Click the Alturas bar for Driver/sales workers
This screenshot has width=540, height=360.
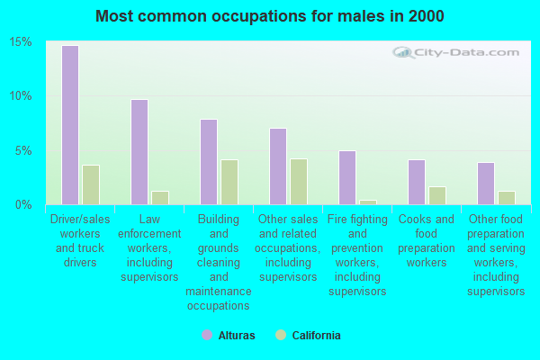(69, 125)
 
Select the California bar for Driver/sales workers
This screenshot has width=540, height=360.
(91, 184)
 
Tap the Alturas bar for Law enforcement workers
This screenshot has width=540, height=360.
(139, 152)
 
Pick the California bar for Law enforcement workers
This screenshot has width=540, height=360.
(160, 197)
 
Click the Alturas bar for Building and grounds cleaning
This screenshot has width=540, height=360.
(208, 162)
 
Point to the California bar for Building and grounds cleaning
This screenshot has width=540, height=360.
(229, 182)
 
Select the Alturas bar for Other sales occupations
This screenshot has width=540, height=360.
(277, 166)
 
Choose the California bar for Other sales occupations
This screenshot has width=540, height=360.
(299, 182)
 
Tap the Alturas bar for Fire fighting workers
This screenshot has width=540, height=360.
(346, 177)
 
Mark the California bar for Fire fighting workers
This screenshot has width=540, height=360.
(368, 202)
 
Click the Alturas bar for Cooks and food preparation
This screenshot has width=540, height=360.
(416, 182)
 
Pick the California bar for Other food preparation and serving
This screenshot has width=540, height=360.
(507, 197)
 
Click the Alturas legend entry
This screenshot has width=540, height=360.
(229, 336)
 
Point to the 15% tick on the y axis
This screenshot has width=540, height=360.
(21, 42)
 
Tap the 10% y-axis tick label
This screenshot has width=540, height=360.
(21, 96)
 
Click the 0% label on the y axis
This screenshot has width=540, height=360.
(24, 204)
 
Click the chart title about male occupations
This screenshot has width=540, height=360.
(270, 16)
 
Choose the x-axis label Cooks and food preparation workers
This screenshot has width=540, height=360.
(427, 241)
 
